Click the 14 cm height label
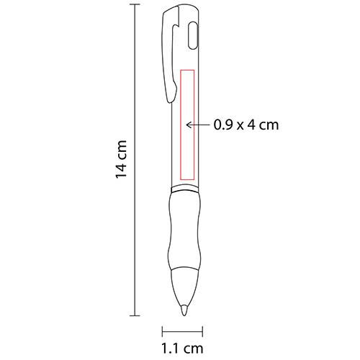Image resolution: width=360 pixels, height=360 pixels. [x=124, y=160]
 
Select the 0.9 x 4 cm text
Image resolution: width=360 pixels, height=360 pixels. [x=246, y=125]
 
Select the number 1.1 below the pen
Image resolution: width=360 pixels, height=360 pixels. [x=170, y=351]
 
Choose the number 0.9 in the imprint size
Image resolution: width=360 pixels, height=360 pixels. [x=222, y=125]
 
